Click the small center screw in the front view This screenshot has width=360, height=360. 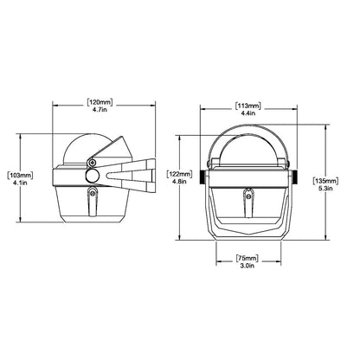click(248, 196)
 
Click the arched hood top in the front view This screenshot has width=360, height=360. click(248, 130)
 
